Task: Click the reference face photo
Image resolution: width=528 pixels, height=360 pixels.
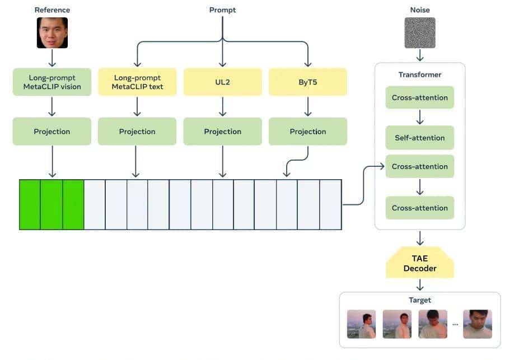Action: coord(52,32)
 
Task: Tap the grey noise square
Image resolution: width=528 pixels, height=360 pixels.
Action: coord(419,32)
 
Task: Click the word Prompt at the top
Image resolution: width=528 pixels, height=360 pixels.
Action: coord(222,10)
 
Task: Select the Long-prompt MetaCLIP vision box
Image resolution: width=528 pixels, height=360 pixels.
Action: coord(52,82)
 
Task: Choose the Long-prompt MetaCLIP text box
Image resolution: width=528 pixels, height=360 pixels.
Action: coord(137,82)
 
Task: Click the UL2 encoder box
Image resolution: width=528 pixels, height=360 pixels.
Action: coord(222,82)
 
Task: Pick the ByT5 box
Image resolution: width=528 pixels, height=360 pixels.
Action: coord(307,82)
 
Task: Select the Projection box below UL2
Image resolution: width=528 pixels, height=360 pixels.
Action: coord(222,132)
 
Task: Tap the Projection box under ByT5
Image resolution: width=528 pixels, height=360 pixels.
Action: coord(307,132)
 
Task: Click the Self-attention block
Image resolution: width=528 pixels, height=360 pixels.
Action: coord(419,138)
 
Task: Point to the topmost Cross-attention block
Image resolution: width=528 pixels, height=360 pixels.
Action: coord(419,97)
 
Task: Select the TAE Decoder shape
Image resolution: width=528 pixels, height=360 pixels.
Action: coord(419,264)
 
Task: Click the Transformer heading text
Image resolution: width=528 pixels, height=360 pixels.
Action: coord(419,74)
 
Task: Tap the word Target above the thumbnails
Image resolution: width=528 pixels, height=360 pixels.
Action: coord(419,300)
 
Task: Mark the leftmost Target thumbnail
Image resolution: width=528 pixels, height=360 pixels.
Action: coord(362,324)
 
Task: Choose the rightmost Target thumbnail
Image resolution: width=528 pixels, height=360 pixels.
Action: coord(477,324)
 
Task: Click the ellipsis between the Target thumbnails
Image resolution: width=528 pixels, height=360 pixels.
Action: coord(455,325)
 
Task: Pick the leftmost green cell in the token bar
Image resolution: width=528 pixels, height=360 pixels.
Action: coord(30,204)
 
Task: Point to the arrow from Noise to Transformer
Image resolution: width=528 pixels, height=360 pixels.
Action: coord(419,55)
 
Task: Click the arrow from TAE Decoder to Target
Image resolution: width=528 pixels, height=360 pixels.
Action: coord(419,284)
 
